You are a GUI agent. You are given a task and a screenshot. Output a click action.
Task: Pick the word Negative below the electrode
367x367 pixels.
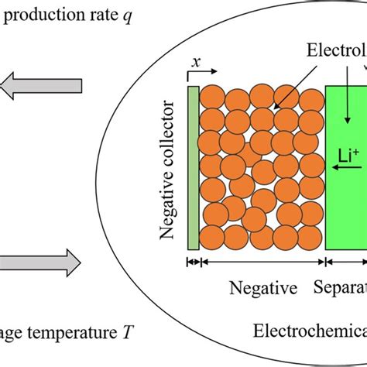(263, 289)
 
